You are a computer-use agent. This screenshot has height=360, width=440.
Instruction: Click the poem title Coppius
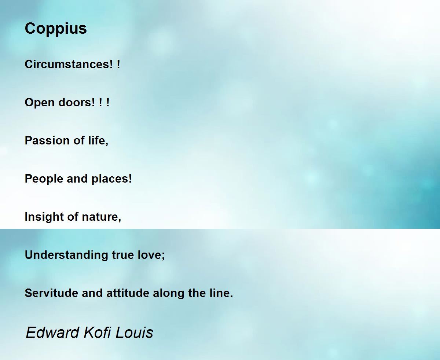[x=56, y=29]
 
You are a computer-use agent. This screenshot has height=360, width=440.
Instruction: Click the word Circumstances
[x=69, y=64]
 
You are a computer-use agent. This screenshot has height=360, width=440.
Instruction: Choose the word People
[x=44, y=179]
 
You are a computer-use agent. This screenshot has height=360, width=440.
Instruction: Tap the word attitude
[x=128, y=293]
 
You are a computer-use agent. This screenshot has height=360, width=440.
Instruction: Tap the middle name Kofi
[x=97, y=333]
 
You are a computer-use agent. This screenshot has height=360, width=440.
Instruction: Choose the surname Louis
[x=134, y=333]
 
